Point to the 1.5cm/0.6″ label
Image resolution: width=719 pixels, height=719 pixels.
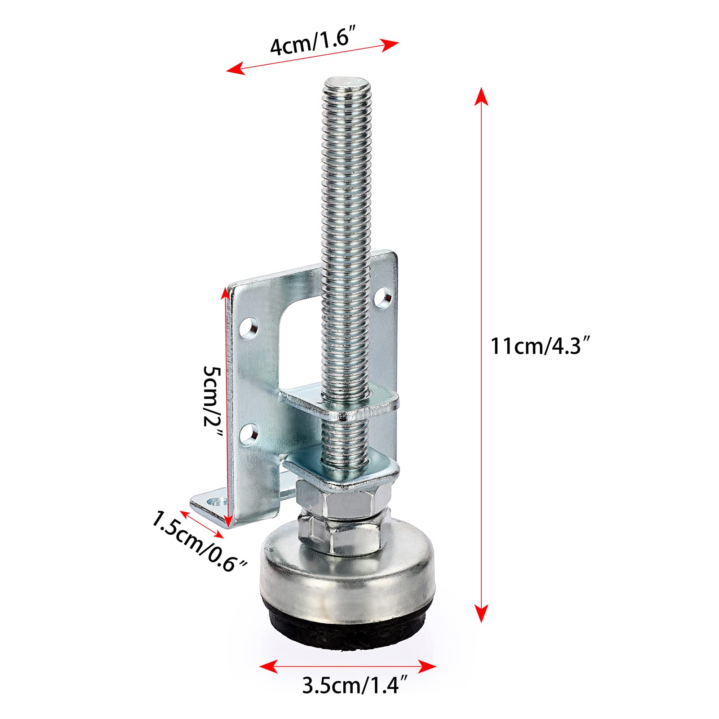click(x=199, y=541)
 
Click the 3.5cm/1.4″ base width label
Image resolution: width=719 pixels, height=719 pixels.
click(x=355, y=686)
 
